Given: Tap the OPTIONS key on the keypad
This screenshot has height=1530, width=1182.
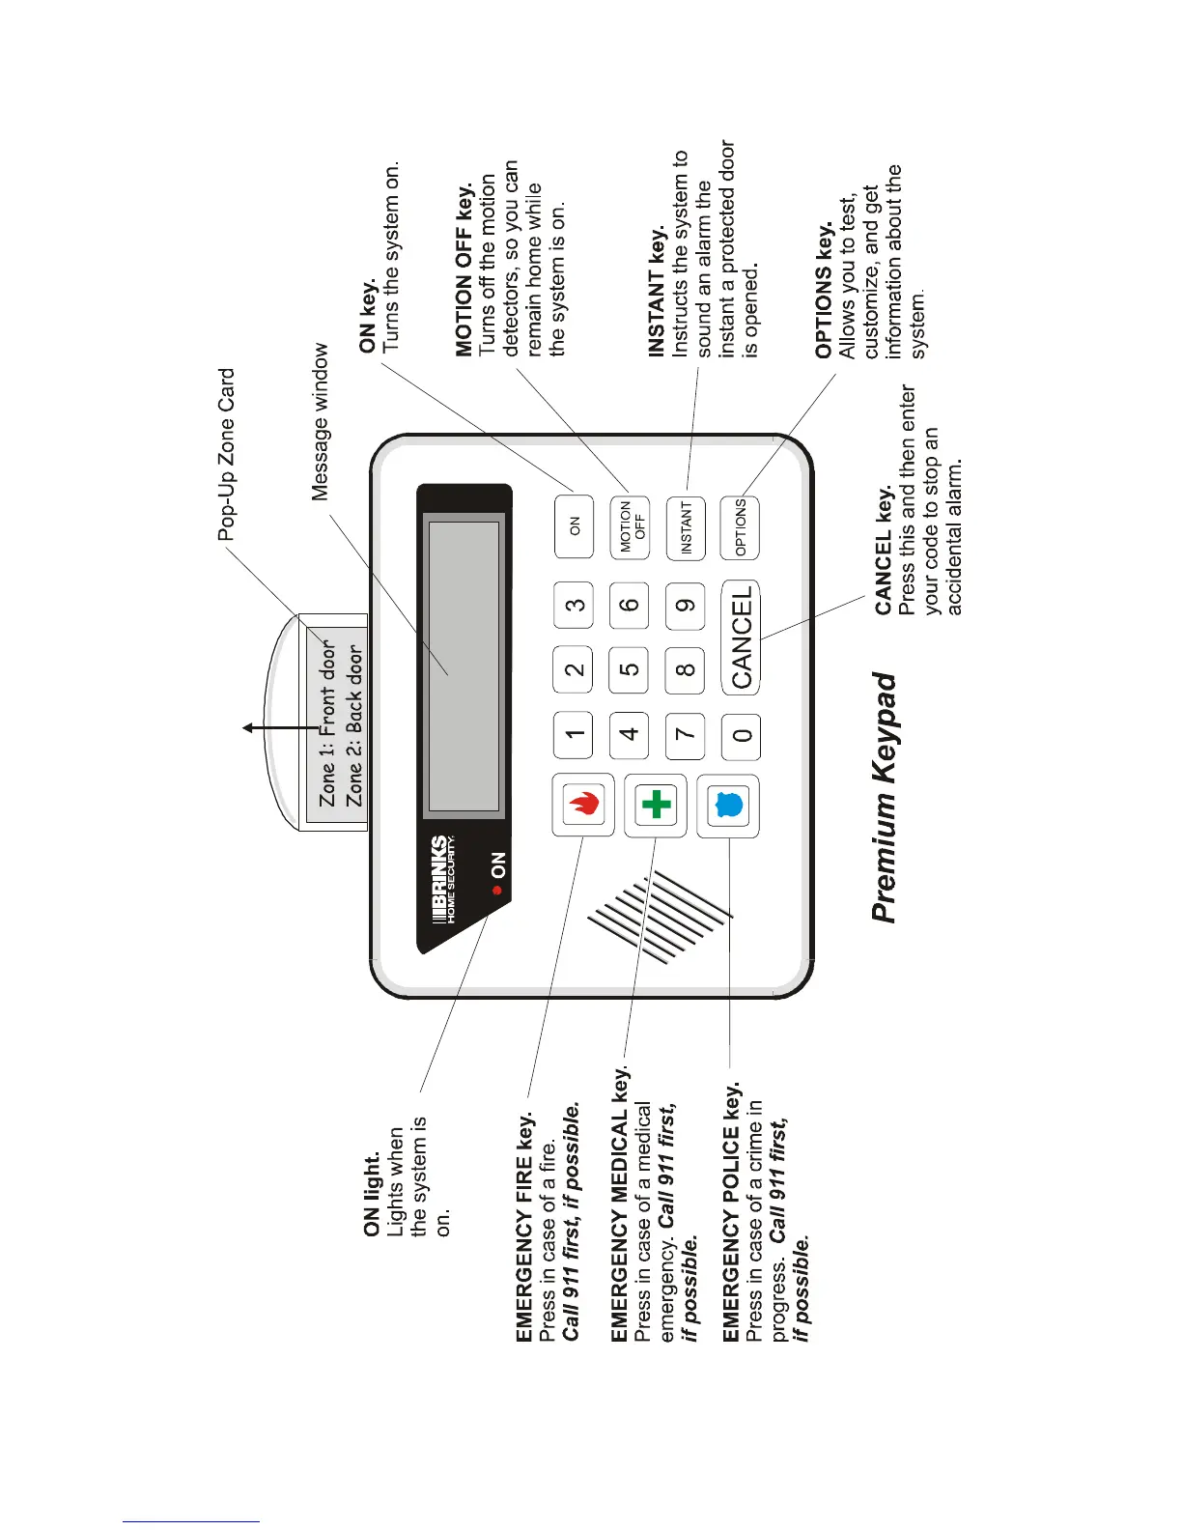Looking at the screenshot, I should click(741, 527).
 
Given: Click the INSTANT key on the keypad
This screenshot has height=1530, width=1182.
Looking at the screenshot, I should click(686, 527).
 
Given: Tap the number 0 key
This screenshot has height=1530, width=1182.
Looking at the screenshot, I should click(742, 736).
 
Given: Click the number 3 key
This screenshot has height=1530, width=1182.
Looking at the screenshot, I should click(575, 606).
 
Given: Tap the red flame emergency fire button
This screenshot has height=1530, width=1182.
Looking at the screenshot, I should click(583, 804).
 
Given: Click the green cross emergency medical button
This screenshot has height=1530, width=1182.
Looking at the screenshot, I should click(656, 804).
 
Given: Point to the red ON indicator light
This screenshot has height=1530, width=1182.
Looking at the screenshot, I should click(498, 891).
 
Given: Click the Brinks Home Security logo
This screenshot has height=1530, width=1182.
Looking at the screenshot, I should click(441, 879).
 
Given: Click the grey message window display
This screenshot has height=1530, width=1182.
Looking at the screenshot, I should click(464, 666).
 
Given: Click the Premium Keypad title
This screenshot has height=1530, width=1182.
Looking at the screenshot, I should click(884, 797).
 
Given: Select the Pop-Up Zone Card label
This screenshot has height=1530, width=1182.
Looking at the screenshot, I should click(226, 454).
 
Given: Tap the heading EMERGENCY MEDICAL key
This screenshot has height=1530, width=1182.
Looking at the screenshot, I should click(621, 1207).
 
